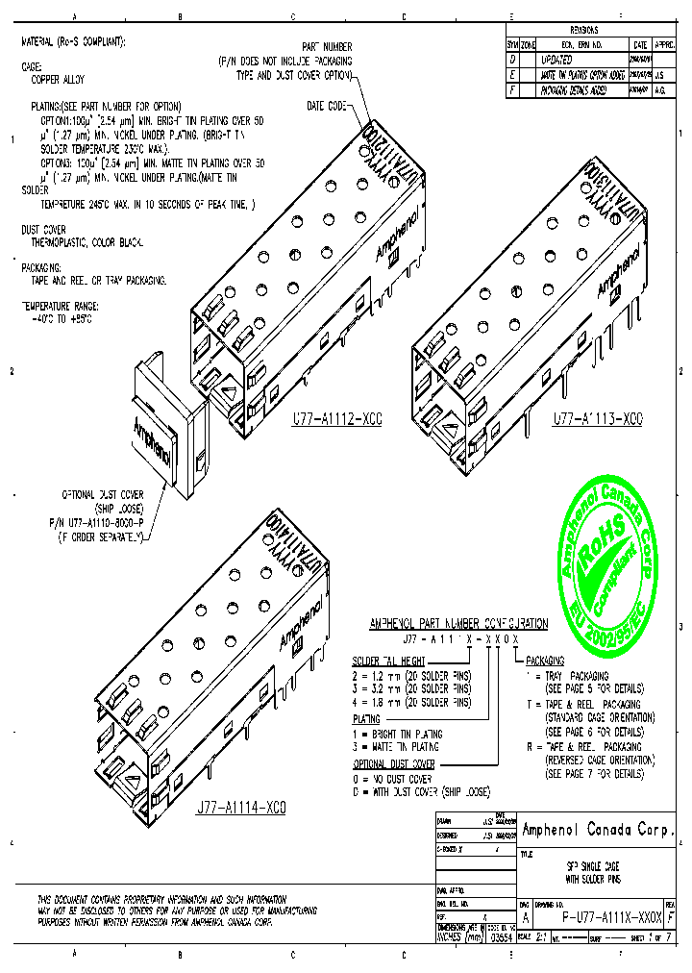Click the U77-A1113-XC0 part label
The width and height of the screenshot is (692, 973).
pos(597,420)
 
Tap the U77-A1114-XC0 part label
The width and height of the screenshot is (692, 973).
pos(239,807)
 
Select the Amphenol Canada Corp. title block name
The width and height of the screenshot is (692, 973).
pos(598,830)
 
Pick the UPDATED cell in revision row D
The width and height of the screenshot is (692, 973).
pos(557,60)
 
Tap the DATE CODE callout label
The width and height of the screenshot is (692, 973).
pos(327,104)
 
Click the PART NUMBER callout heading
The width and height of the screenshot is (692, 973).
pos(327,46)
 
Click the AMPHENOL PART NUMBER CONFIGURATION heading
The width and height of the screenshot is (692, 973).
pos(458,624)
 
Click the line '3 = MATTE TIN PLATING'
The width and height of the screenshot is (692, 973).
pos(395,746)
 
